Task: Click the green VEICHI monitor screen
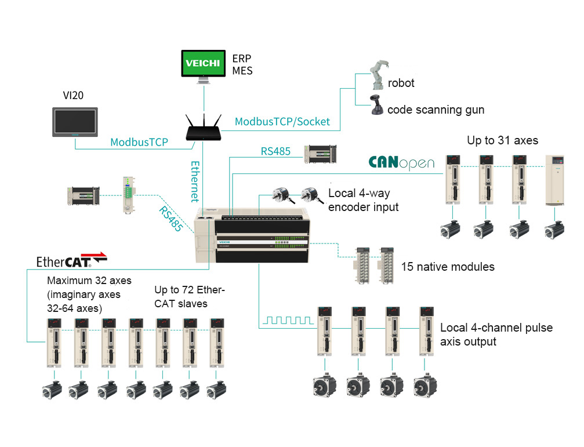(203, 64)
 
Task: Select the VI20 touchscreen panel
(75, 122)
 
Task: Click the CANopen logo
(401, 163)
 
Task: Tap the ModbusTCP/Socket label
(282, 122)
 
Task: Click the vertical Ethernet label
(195, 181)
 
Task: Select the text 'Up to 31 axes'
(502, 140)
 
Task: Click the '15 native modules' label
(448, 267)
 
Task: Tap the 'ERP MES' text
(242, 64)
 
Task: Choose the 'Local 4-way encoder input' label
(364, 200)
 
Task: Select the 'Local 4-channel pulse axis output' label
(496, 335)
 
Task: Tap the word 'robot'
(401, 83)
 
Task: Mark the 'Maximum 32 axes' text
(89, 281)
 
